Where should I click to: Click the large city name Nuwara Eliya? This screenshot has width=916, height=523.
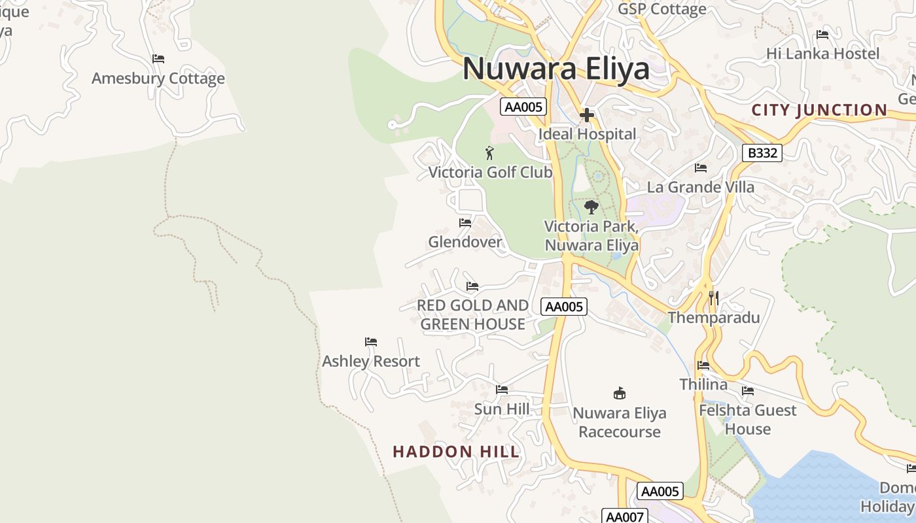click(x=556, y=69)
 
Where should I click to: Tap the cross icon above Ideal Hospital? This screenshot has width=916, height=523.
click(x=587, y=116)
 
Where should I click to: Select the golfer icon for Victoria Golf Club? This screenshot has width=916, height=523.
click(x=489, y=154)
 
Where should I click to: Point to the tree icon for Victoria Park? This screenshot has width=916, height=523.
click(x=591, y=207)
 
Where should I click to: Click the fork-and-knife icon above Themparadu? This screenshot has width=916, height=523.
click(x=713, y=299)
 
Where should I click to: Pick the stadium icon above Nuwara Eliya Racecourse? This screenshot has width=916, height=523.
click(x=619, y=393)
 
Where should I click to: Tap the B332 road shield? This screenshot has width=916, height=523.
click(x=762, y=153)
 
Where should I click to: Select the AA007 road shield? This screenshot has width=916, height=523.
click(x=625, y=516)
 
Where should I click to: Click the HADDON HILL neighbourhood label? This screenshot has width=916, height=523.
click(x=456, y=452)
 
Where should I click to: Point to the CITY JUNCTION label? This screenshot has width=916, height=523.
click(x=819, y=110)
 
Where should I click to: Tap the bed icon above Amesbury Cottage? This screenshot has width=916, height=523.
click(x=158, y=59)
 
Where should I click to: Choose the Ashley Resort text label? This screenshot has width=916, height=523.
click(x=371, y=362)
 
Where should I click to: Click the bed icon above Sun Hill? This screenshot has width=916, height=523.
click(x=502, y=390)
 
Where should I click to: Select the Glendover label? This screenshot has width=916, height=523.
click(x=465, y=242)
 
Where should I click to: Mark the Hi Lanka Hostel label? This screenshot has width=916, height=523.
click(x=823, y=54)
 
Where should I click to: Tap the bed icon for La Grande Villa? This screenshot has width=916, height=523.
click(x=701, y=168)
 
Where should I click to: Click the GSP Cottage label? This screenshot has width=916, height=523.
click(x=662, y=9)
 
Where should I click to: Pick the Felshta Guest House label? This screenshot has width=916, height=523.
click(x=748, y=420)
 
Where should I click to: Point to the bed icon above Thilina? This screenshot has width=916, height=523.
click(x=703, y=365)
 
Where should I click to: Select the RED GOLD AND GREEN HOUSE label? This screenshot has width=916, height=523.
click(x=472, y=314)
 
